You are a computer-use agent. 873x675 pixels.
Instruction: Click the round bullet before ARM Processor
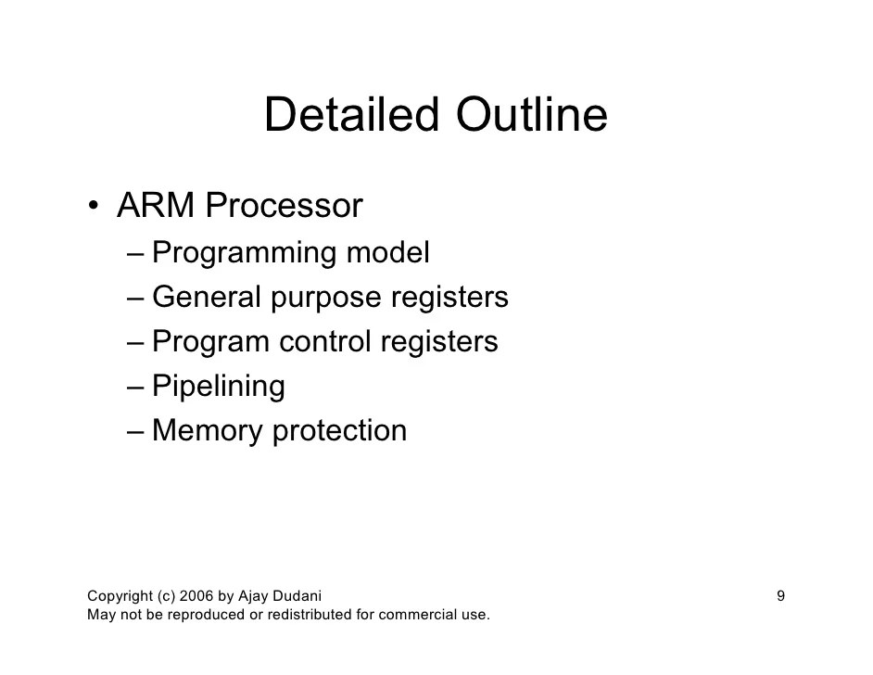pyautogui.click(x=95, y=207)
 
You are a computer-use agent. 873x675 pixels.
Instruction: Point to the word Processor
pyautogui.click(x=284, y=206)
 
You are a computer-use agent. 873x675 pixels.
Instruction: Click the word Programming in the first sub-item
pyautogui.click(x=243, y=253)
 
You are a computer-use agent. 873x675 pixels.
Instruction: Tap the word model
pyautogui.click(x=388, y=252)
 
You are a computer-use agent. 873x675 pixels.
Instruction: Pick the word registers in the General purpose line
pyautogui.click(x=449, y=298)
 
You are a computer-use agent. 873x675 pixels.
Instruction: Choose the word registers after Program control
pyautogui.click(x=439, y=342)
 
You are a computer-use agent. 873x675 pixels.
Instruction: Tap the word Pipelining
pyautogui.click(x=218, y=387)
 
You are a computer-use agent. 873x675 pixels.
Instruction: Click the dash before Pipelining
pyautogui.click(x=136, y=387)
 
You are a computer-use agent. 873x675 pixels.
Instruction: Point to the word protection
pyautogui.click(x=339, y=431)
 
